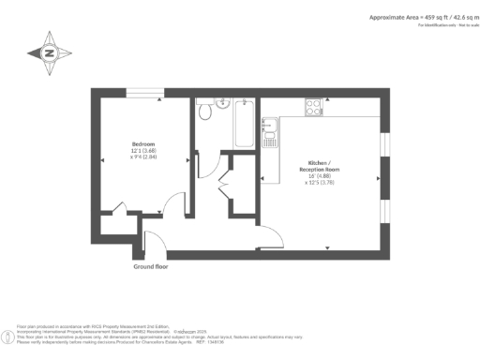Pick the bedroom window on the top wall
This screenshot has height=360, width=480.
coord(144,92)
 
